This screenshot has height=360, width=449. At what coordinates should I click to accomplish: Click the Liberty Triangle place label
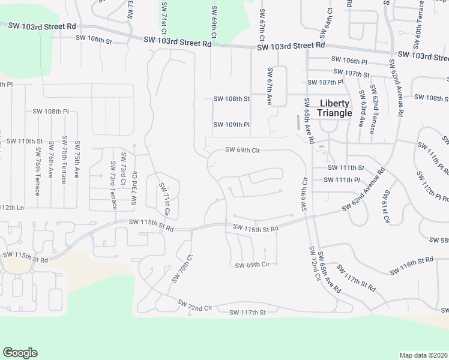[x=335, y=108]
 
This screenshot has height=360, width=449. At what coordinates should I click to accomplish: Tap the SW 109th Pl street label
[x=231, y=125]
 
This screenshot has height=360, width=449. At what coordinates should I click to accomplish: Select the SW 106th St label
[x=94, y=39]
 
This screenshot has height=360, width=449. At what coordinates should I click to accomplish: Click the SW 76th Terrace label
[x=37, y=171]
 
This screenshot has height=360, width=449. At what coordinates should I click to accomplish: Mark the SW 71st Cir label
[x=164, y=199]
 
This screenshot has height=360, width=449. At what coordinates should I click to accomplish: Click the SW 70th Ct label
[x=182, y=268]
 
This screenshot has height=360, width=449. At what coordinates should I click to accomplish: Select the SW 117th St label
[x=247, y=312]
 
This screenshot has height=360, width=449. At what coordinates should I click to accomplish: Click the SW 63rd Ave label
[x=361, y=108]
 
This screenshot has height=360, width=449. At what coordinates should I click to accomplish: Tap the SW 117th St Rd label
[x=356, y=278]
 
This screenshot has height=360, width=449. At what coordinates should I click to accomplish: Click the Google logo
[x=20, y=353]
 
